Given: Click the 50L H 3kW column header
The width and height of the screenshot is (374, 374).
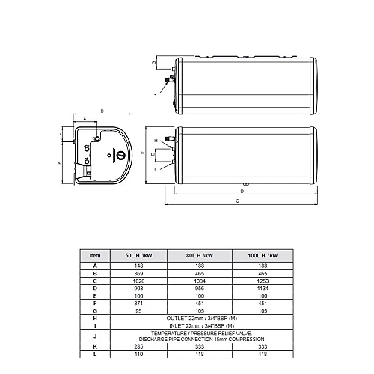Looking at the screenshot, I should pyautogui.click(x=138, y=256).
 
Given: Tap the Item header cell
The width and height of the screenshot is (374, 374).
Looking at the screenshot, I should pyautogui.click(x=95, y=256).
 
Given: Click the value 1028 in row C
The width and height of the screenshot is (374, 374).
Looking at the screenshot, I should pyautogui.click(x=138, y=280).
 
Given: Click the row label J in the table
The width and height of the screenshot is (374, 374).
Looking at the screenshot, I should pyautogui.click(x=95, y=337).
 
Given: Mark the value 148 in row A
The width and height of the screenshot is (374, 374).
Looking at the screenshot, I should pyautogui.click(x=138, y=265).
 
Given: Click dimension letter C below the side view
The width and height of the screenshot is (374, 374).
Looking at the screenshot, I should pyautogui.click(x=237, y=202).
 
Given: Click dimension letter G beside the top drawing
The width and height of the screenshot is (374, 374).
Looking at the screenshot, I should pyautogui.click(x=153, y=64).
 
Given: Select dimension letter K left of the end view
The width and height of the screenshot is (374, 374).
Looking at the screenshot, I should pyautogui.click(x=58, y=162).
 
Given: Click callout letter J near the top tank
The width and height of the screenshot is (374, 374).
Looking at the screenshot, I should pyautogui.click(x=155, y=93).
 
